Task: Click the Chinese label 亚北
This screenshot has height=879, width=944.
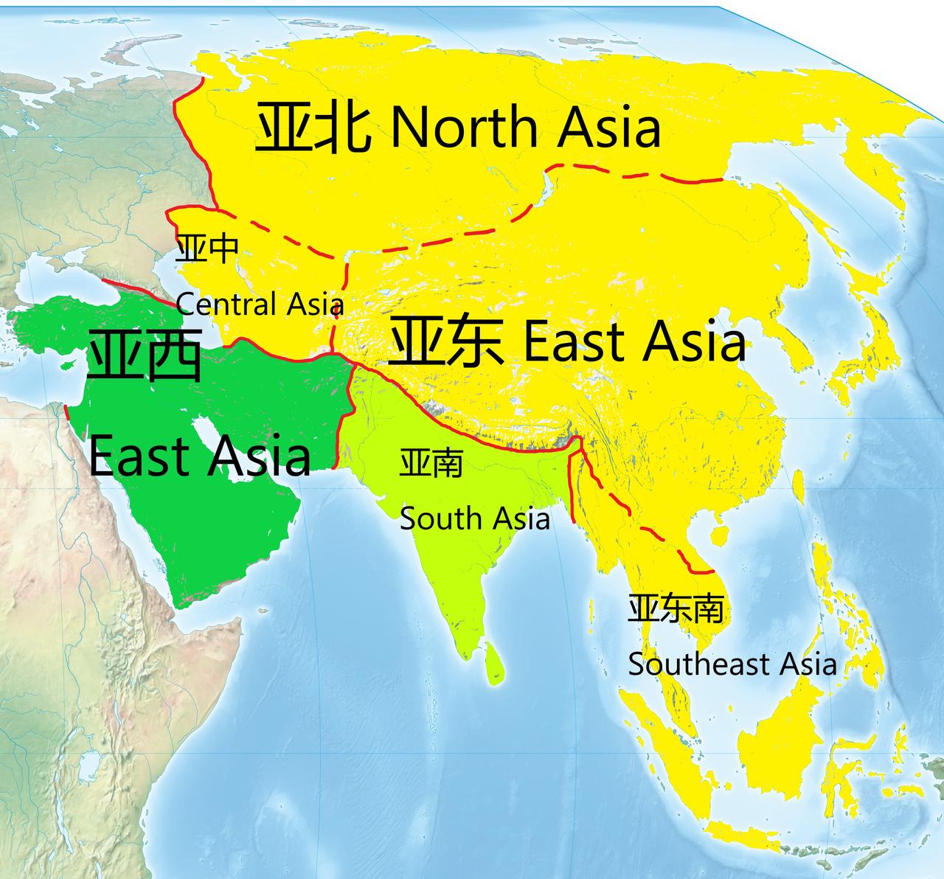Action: click(313, 128)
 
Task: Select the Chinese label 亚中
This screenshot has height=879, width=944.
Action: click(207, 249)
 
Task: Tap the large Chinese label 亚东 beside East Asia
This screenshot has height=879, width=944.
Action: click(446, 341)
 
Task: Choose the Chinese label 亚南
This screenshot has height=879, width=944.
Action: click(431, 463)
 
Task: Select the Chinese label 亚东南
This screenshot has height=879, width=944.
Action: click(676, 609)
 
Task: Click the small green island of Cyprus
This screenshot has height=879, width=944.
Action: click(66, 366)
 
